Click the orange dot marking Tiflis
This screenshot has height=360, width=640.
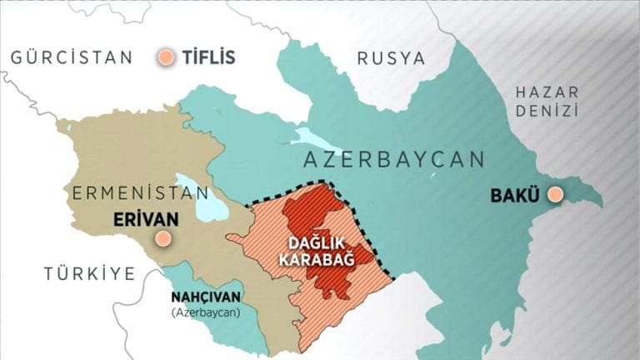click(x=167, y=57)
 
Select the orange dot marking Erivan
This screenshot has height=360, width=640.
click(x=163, y=238)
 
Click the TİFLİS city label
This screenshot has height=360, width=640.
click(x=208, y=57)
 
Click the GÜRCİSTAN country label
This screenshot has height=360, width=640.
click(x=71, y=57)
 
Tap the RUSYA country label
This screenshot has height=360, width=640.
click(x=391, y=58)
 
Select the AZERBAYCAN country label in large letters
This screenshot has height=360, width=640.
click(x=394, y=159)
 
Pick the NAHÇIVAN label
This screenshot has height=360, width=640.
click(x=205, y=297)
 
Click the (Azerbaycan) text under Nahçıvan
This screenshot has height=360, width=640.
click(x=205, y=312)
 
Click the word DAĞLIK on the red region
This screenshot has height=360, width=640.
click(x=317, y=243)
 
